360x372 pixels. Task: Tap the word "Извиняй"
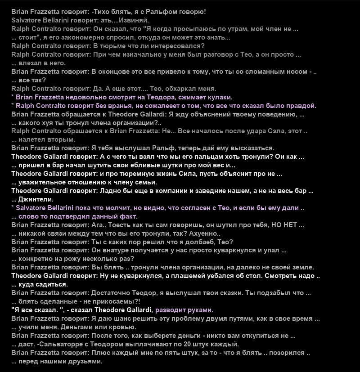136,20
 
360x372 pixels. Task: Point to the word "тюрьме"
114,45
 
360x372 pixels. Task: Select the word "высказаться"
253,148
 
